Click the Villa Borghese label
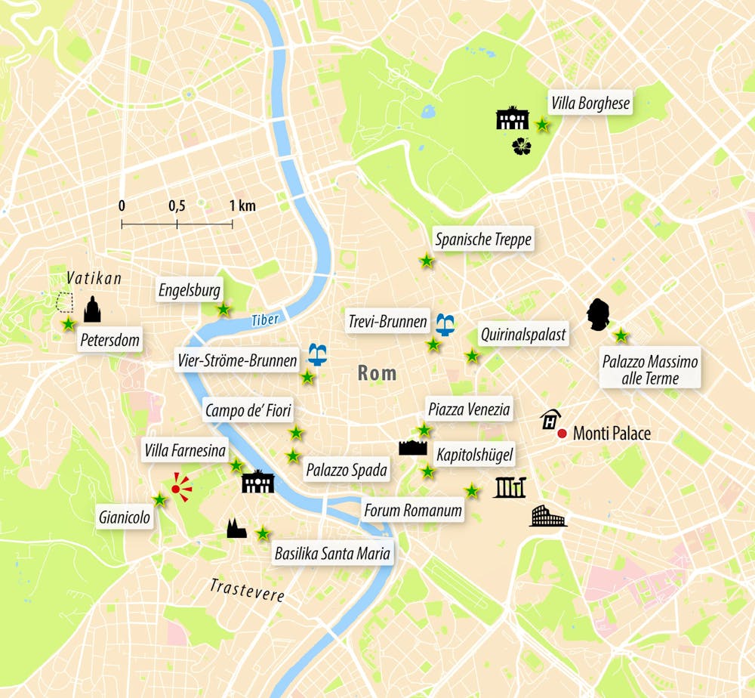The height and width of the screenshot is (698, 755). [x=590, y=103]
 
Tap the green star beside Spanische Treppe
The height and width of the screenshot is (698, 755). [x=427, y=261]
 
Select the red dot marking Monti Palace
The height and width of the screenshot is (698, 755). [x=562, y=434]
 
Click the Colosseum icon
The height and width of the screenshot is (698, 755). [x=547, y=517]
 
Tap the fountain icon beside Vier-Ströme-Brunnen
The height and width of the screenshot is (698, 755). [x=318, y=354]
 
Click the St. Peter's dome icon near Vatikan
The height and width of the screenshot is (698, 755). [x=92, y=310]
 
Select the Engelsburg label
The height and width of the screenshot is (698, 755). [x=190, y=289]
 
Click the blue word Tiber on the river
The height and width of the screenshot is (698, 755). [x=265, y=320]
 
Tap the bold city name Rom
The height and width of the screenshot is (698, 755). [x=377, y=373]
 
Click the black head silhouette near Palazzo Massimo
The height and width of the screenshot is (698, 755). [x=599, y=315]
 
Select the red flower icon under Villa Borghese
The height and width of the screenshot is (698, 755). [x=522, y=147]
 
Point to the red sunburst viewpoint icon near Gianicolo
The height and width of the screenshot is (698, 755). [x=178, y=488]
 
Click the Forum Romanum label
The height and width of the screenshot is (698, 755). [x=412, y=511]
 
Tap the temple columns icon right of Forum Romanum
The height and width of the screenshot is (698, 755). [x=509, y=488]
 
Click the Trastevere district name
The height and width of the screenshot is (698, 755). [x=247, y=590]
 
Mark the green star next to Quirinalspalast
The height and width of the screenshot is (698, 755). [x=472, y=355]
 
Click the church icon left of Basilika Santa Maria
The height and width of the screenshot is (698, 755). [x=236, y=529]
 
